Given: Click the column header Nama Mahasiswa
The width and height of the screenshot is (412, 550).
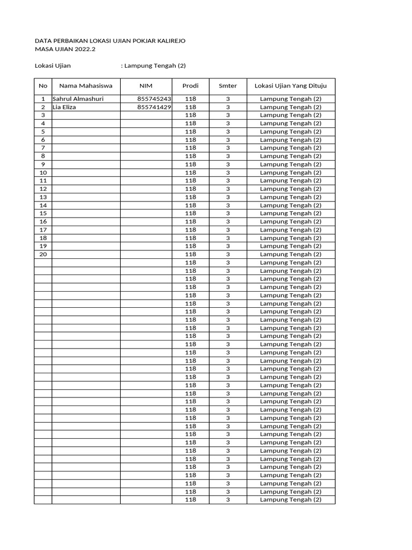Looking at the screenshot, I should point(86,86).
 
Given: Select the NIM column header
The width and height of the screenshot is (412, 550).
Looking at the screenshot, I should point(146,86).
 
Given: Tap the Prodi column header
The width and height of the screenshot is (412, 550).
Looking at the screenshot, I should point(190,86).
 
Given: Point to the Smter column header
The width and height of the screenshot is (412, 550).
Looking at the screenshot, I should point(227,86).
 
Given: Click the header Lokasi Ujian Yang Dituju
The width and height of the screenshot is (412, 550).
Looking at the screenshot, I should point(291,86).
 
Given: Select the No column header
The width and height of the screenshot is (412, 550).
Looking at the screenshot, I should point(43,86).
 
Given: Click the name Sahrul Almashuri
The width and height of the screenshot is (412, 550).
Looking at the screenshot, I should point(78,99).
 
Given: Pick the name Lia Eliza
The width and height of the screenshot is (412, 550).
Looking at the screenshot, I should point(64,107).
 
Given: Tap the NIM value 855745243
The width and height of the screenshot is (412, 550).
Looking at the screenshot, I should point(154,99).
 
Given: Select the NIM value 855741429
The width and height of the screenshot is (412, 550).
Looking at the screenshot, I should point(154,107).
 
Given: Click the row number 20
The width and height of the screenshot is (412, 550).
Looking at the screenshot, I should point(43,254).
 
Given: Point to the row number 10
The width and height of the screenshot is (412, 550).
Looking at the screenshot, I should point(43,172).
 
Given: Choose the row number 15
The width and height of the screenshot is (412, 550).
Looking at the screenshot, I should point(43,213).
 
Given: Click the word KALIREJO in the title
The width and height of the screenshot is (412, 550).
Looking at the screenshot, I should point(171,41).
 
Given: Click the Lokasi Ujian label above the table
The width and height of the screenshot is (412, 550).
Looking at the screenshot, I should point(53,66).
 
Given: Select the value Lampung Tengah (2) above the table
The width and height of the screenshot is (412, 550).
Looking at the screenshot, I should point(155,66).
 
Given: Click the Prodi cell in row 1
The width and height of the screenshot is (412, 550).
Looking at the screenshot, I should point(190,99).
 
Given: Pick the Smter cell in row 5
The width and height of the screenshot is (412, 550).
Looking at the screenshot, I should point(227,132).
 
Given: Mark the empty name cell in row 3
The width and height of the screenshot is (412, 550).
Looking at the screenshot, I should point(86,115).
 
